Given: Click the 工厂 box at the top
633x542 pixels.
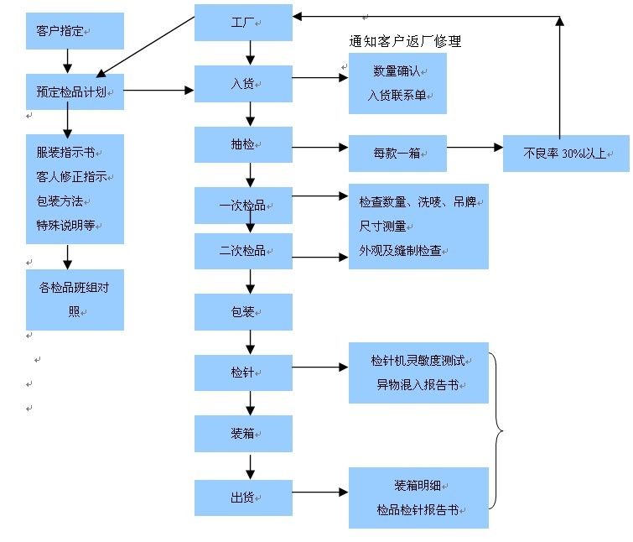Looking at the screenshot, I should tap(243, 23).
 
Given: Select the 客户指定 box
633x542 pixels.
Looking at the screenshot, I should tap(75, 31).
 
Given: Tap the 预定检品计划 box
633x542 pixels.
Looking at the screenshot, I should tap(75, 91).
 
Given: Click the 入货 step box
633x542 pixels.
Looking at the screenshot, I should tap(243, 84).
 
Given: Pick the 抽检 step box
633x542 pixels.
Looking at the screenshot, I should tap(243, 144).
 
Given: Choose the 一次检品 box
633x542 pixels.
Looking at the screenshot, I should tap(243, 205).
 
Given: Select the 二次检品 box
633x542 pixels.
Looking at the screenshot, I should tap(243, 251).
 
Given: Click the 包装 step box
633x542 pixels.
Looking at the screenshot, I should tap(243, 311).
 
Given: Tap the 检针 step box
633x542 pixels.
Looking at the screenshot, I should tap(243, 373).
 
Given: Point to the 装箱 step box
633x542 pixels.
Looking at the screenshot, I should tap(243, 433).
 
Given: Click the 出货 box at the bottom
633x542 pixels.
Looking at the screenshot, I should tap(243, 498).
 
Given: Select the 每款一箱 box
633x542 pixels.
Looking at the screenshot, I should tap(397, 154).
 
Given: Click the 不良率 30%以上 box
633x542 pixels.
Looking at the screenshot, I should tap(566, 154).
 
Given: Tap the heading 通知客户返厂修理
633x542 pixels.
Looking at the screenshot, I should tap(404, 41).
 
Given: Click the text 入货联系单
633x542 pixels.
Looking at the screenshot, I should tap(397, 96).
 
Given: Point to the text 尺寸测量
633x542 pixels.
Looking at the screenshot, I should tap(382, 227).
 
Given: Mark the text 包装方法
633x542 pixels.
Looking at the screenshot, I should tap(60, 201).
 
